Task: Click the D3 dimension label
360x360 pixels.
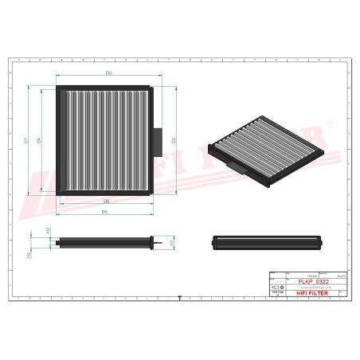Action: click(x=108, y=73)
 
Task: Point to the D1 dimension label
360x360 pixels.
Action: click(x=25, y=141)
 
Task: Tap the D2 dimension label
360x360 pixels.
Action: click(x=173, y=140)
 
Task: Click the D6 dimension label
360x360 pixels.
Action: click(x=106, y=201)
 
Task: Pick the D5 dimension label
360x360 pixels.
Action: click(x=105, y=213)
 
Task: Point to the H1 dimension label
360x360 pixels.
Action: click(x=172, y=241)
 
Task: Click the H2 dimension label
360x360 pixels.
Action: click(x=29, y=255)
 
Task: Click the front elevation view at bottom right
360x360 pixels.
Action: click(x=267, y=241)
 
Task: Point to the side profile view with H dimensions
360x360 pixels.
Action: click(x=104, y=241)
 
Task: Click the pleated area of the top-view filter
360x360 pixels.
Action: click(x=106, y=140)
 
